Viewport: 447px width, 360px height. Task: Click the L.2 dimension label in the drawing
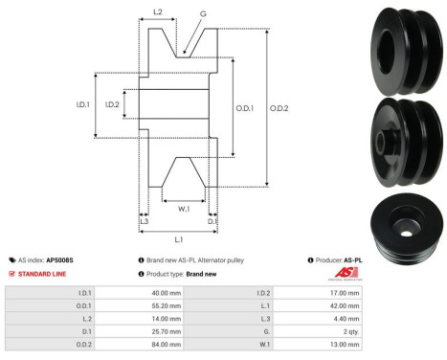158,13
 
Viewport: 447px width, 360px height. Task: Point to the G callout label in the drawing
203,14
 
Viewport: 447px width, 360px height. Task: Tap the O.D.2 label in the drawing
279,107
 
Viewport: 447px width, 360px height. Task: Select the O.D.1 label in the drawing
245,108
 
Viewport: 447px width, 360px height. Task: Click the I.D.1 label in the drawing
83,105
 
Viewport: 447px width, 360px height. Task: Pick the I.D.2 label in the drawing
112,105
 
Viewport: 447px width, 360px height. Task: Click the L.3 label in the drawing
144,221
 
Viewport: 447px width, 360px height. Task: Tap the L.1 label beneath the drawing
178,237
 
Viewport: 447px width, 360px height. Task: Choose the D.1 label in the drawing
212,221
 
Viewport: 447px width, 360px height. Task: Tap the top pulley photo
405,47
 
